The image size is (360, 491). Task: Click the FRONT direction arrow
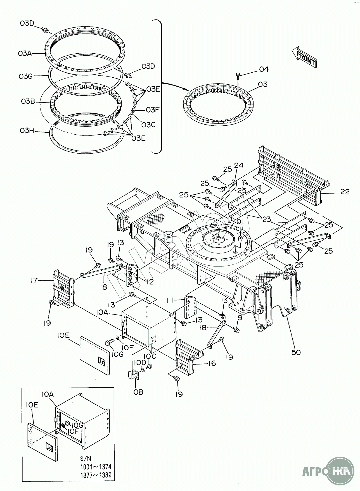(x=304, y=57)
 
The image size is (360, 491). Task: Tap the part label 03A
(x=25, y=53)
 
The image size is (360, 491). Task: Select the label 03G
(x=26, y=76)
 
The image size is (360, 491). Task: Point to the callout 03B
(x=27, y=102)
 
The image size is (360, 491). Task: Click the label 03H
(x=27, y=130)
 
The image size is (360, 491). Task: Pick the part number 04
(x=264, y=69)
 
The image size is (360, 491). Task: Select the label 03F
(x=152, y=110)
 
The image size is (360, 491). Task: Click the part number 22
(x=345, y=192)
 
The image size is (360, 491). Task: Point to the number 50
(x=296, y=352)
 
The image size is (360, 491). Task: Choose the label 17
(x=34, y=280)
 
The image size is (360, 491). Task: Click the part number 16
(x=212, y=363)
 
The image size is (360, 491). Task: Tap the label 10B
(x=136, y=392)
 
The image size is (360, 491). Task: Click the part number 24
(x=239, y=166)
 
